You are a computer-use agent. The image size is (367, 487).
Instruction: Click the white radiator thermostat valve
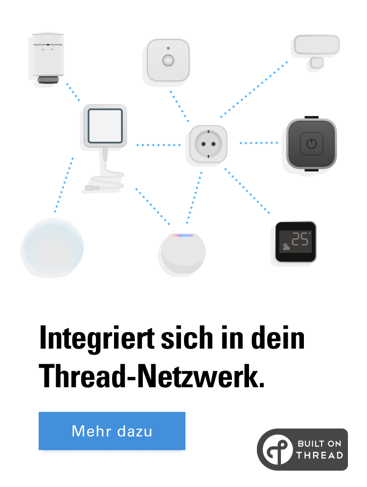(48, 56)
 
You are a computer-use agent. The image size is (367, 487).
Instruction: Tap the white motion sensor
(168, 60)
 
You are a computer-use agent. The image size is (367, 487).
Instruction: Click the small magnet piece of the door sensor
(317, 63)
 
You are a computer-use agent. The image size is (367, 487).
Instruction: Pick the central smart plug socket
(208, 144)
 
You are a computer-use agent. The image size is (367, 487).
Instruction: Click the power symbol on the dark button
(311, 144)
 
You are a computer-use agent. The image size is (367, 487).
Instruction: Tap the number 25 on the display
(300, 239)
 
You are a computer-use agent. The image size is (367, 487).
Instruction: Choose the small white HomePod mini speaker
(183, 253)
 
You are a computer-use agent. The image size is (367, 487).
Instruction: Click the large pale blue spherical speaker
(54, 245)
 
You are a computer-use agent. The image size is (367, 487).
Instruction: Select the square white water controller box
(105, 126)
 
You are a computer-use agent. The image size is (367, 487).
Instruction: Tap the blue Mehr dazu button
(112, 431)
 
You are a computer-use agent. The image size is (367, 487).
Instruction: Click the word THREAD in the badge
(320, 455)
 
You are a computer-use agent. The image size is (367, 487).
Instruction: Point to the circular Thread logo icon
(277, 450)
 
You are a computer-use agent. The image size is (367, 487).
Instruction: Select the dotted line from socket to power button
(258, 143)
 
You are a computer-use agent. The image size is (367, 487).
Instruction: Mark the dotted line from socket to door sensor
(253, 89)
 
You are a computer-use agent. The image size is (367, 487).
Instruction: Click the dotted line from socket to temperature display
(247, 191)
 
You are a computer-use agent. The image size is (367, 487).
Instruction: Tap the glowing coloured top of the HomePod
(183, 236)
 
